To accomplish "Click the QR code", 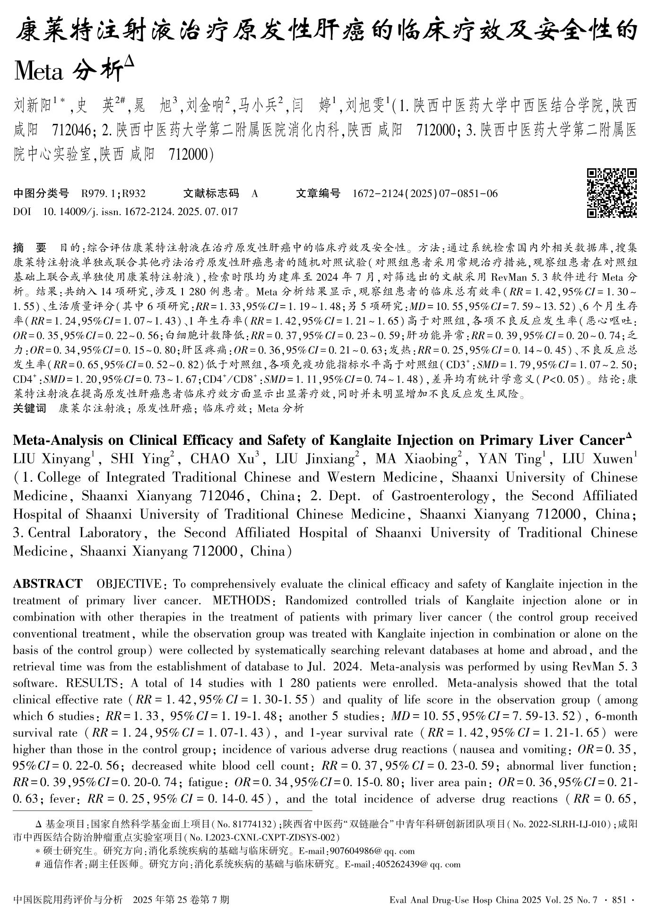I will pos(612,193).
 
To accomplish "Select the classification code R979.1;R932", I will pos(113,193).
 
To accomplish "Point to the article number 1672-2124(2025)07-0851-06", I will pos(425,193).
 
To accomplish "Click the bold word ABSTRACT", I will pos(47,584).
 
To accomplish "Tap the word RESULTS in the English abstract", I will pos(93,683).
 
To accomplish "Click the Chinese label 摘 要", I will pos(29,248).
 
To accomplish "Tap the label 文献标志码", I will pos(211,193).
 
